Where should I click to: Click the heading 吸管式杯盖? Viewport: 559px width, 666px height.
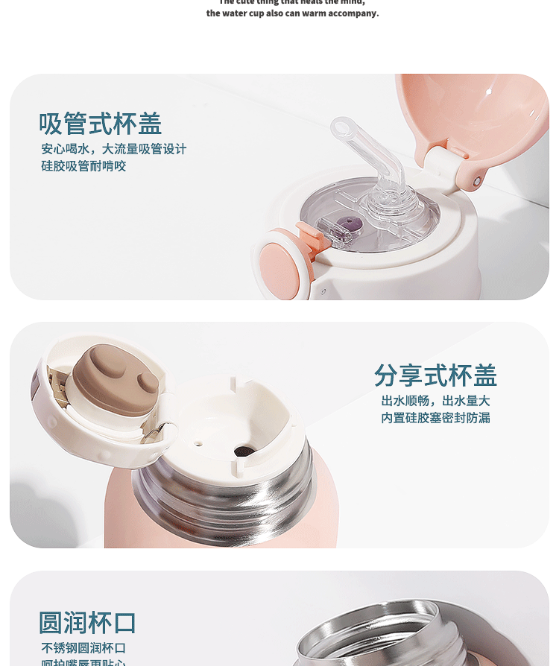[100, 124]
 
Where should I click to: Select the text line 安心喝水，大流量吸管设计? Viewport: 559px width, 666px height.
[113, 149]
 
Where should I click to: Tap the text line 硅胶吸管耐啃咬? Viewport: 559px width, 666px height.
[83, 166]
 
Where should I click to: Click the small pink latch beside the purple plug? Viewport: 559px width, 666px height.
[313, 233]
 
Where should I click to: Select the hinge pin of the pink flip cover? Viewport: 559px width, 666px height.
[477, 181]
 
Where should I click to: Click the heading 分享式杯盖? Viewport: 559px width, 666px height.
[435, 375]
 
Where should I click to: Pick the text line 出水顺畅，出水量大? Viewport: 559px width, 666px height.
[435, 401]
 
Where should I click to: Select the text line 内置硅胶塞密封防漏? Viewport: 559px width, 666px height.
[435, 418]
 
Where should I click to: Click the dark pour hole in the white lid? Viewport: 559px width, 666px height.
[243, 451]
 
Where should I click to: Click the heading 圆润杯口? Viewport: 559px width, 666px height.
[87, 623]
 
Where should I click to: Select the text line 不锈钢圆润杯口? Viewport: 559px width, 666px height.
[83, 648]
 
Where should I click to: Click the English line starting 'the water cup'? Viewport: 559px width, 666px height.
[292, 13]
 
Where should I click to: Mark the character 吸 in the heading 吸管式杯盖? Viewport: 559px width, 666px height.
[51, 124]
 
